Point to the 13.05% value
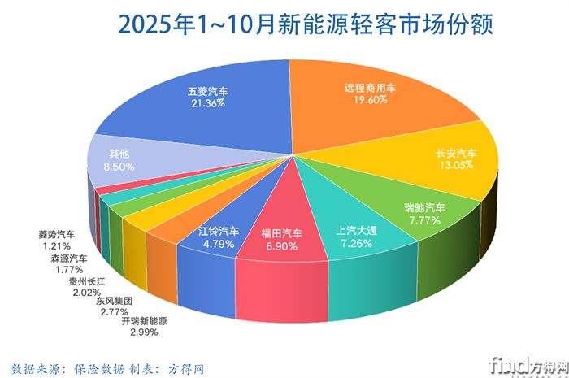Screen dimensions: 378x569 tap(457, 167)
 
